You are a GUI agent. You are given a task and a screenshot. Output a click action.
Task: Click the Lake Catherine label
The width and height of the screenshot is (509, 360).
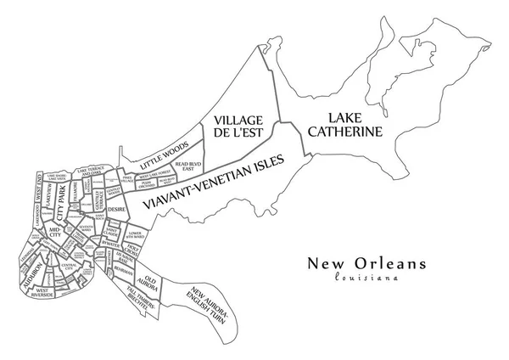coord(345,124)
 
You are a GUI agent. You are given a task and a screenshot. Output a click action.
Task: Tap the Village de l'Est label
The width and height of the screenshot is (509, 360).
coord(238,126)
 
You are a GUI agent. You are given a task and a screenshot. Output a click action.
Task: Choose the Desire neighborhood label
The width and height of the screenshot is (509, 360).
coord(116,207)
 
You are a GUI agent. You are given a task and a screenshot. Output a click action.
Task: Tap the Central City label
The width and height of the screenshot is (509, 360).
coord(70,266)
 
